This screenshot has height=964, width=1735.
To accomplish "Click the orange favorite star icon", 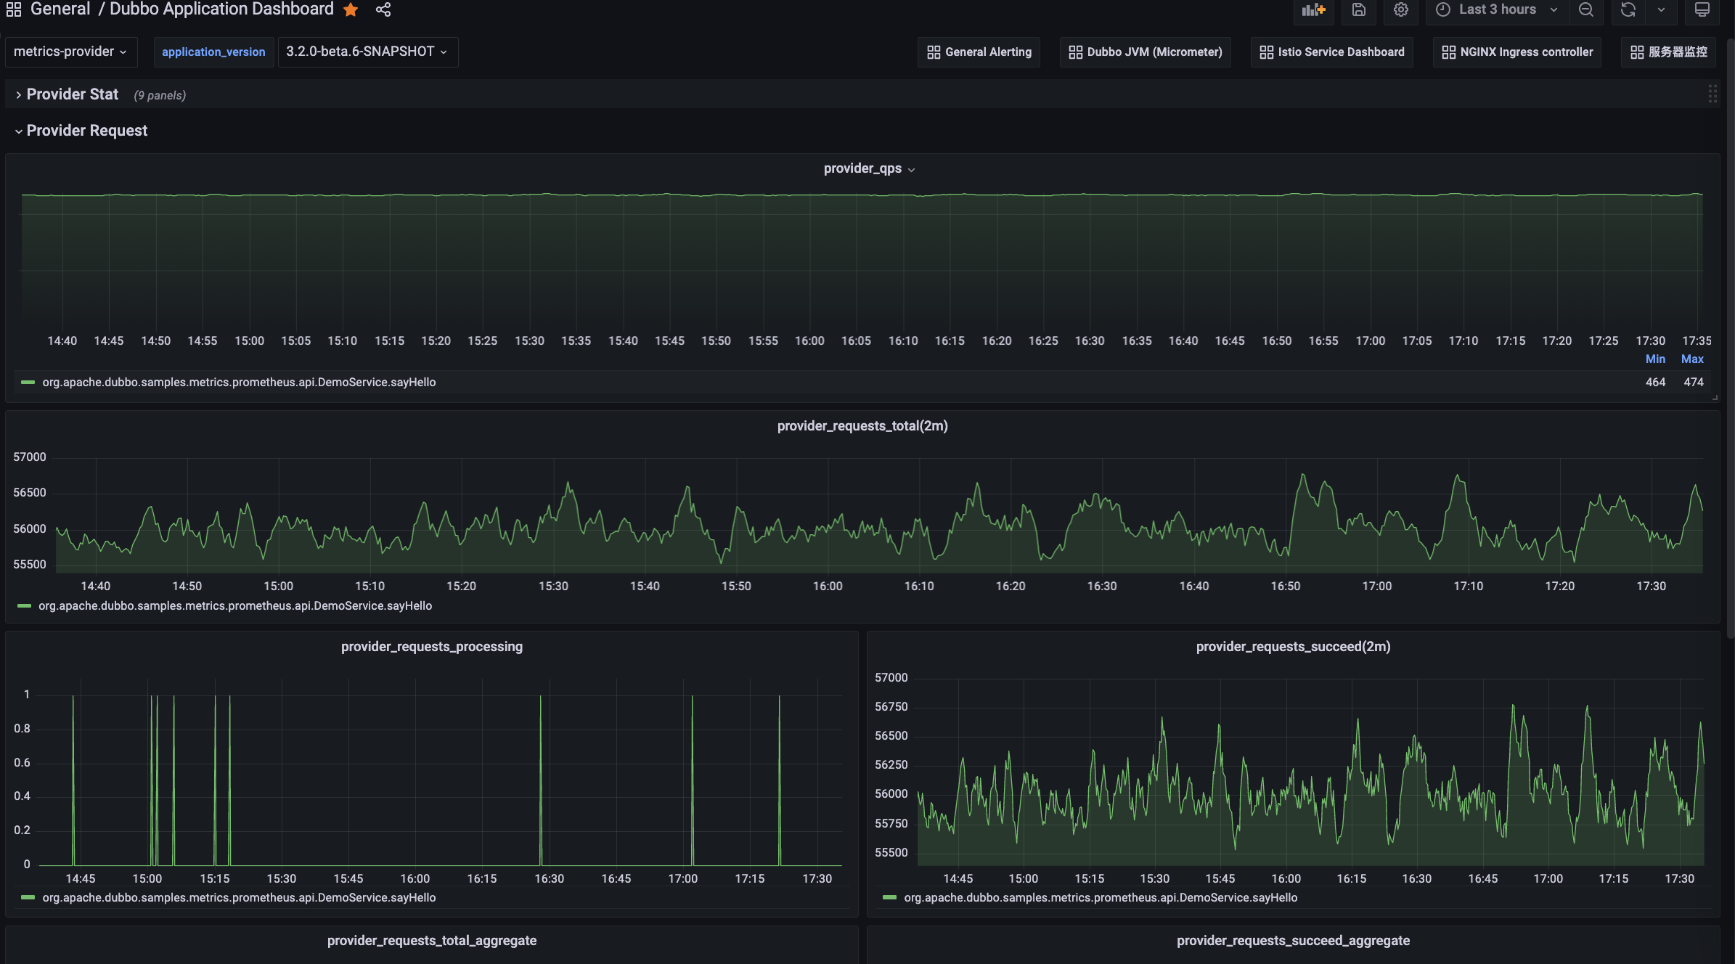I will point(351,9).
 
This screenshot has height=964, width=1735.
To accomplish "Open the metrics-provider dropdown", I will point(70,52).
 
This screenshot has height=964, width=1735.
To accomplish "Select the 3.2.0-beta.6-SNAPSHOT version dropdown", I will point(367,52).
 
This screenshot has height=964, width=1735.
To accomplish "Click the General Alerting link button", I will point(979,52).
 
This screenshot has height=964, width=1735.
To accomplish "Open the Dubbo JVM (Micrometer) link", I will point(1146,52).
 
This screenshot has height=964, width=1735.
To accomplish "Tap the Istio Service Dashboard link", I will point(1332,52).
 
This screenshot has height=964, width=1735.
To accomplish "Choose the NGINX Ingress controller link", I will point(1517,52).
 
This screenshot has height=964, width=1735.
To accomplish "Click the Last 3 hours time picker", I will point(1497,9).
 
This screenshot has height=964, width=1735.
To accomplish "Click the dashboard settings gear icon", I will point(1401,9).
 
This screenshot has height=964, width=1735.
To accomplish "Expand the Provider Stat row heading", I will point(72,94).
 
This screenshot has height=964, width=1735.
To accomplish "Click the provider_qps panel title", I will point(862,168).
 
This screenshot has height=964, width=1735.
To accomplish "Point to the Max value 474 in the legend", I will point(1693,382).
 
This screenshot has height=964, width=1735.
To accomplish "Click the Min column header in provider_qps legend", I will point(1655,359).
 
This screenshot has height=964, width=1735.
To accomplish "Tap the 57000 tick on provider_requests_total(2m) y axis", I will point(30,457).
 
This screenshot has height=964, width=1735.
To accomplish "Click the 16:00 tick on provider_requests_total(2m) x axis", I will point(828,586).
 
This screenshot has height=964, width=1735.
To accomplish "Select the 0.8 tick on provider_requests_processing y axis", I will point(23,728).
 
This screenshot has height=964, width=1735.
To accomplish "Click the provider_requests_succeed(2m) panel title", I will point(1293,646).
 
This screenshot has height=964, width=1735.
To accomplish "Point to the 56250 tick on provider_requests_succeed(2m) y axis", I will point(891,764).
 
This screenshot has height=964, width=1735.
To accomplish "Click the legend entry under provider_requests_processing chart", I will point(239,897).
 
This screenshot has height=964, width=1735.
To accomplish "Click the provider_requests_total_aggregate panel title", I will point(432,940).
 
